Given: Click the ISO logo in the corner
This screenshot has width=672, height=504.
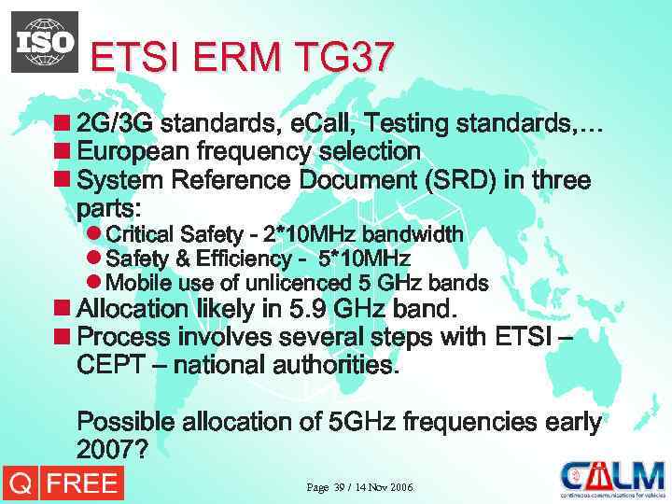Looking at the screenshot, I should tap(45, 42).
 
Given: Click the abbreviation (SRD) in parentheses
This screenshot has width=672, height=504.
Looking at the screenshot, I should tap(457, 179).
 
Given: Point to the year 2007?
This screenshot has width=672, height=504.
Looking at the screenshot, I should tap(112, 450).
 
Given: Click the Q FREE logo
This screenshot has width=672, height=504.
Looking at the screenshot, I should tap(62, 483).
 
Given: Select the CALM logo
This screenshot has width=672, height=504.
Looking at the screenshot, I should tap(611, 480).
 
